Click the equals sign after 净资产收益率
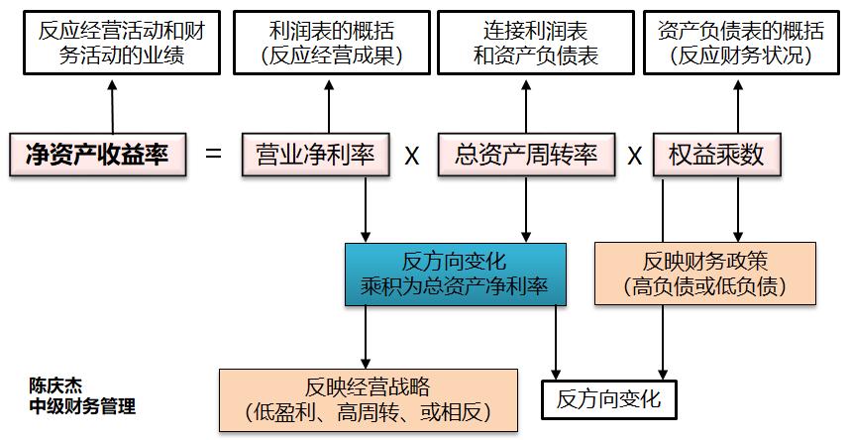click(x=214, y=155)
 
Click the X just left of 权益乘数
click(x=635, y=156)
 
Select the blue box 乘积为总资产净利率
click(x=455, y=275)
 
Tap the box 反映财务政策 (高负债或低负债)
click(x=704, y=275)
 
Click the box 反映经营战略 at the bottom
click(x=368, y=399)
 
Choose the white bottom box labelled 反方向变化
click(x=608, y=399)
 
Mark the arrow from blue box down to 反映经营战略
click(x=367, y=336)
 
